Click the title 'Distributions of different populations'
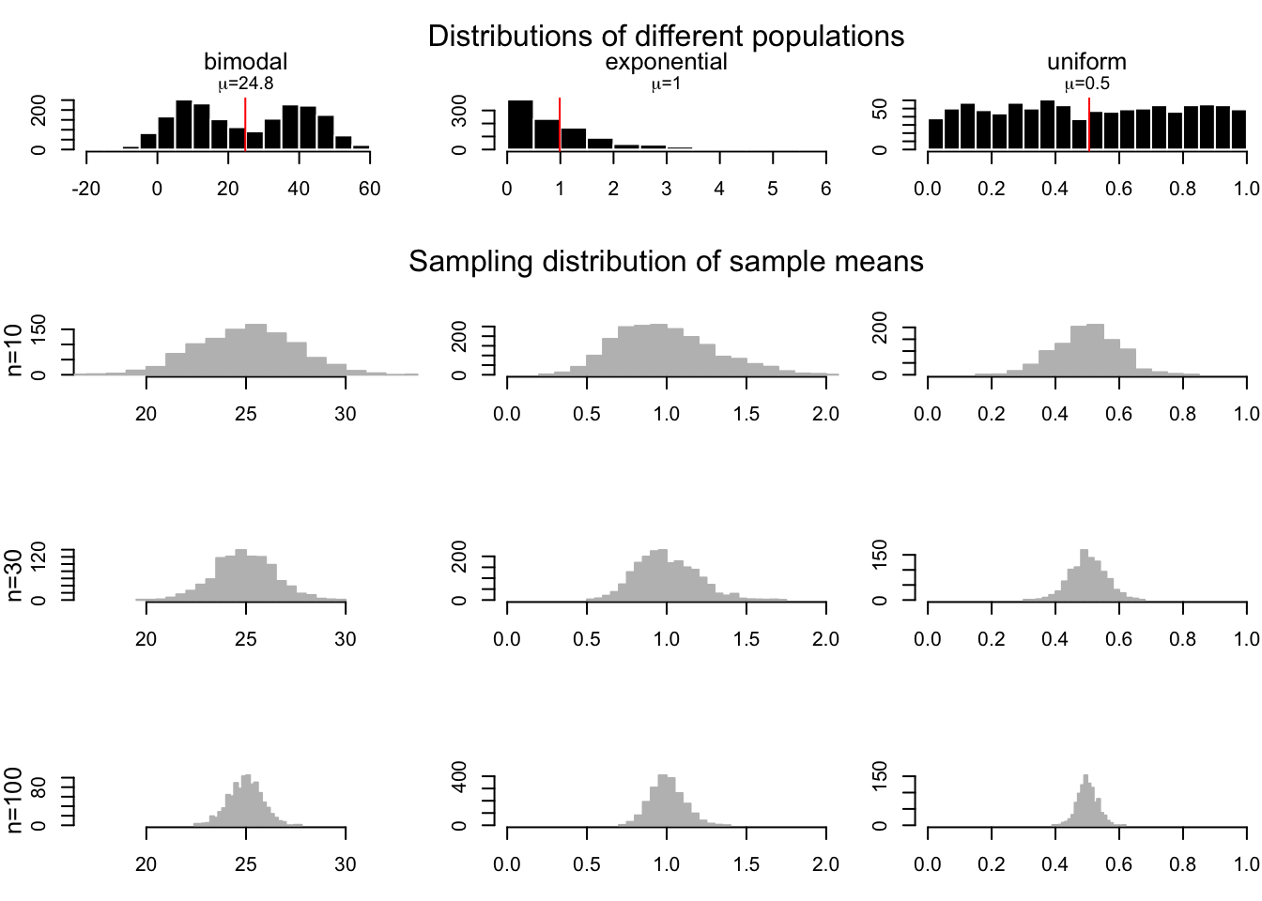tap(666, 36)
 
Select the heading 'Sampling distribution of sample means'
tap(666, 261)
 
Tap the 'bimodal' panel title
tap(245, 62)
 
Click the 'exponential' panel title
tap(666, 62)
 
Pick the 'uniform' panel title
tap(1086, 62)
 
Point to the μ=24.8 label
tap(245, 84)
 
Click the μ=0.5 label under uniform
tap(1086, 84)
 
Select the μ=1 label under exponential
tap(666, 84)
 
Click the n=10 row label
tap(14, 351)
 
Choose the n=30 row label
tap(14, 576)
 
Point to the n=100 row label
tap(14, 800)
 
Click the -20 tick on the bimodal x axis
tap(85, 189)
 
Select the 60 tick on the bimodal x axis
tap(369, 189)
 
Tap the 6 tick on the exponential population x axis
tap(825, 189)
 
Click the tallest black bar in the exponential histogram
tap(520, 125)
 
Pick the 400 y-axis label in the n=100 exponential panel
tap(459, 778)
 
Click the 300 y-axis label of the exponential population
tap(459, 111)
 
